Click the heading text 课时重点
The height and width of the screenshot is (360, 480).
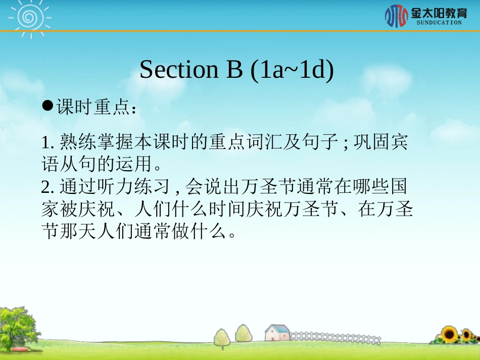(93, 107)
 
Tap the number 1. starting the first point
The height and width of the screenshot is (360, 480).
(47, 143)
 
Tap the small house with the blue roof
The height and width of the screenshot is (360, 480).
(277, 333)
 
